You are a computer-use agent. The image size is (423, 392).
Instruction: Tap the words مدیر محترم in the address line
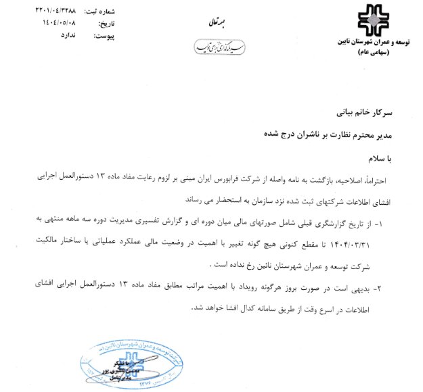[x=376, y=133]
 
